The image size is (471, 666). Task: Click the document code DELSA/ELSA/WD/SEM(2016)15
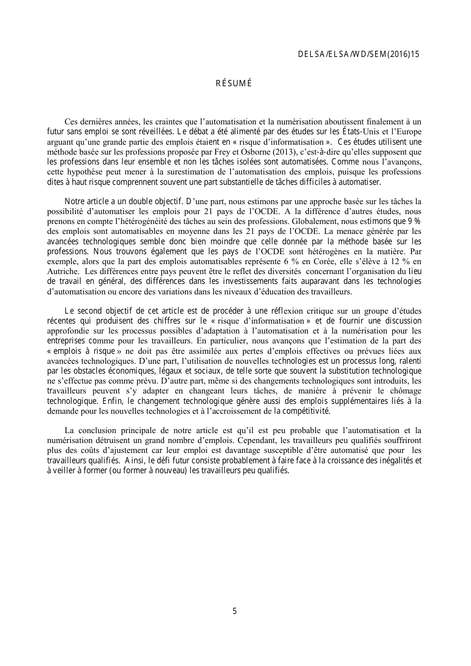tap(358, 55)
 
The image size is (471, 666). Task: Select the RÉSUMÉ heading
tap(234, 83)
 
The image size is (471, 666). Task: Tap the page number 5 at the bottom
tap(235, 611)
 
